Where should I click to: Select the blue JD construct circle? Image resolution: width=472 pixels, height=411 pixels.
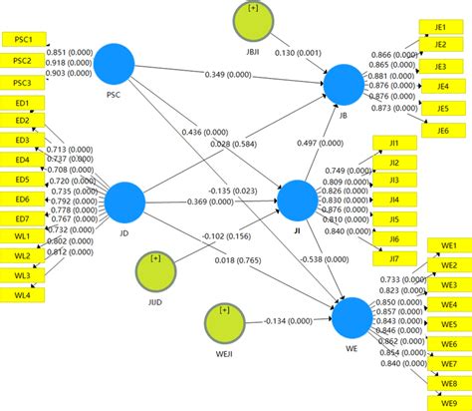tap(124, 203)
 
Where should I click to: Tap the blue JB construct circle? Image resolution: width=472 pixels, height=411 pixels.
tap(346, 84)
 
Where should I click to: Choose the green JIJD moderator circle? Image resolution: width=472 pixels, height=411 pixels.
tap(156, 269)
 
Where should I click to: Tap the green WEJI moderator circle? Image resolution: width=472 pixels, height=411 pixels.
tap(224, 321)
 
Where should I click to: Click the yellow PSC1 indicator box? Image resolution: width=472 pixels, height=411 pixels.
tap(22, 40)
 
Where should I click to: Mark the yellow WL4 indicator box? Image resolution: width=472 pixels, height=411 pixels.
tap(22, 294)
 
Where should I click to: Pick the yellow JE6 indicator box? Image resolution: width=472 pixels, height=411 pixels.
tap(441, 130)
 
